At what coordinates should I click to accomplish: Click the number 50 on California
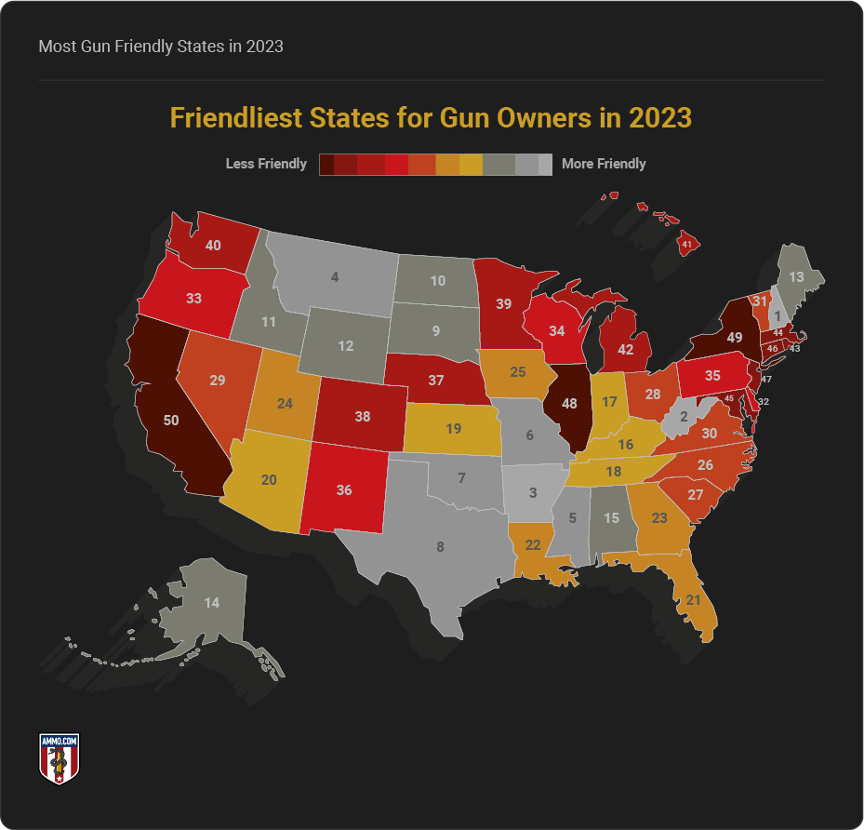(x=171, y=420)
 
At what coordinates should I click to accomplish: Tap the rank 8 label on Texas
(x=440, y=547)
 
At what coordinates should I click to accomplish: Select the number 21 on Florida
(x=693, y=600)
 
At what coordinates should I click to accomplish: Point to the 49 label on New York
(x=734, y=338)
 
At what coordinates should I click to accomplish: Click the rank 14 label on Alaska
(x=212, y=603)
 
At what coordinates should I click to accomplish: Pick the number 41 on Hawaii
(x=686, y=245)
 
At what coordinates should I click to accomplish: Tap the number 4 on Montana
(x=335, y=276)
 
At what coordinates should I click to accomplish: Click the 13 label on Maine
(x=797, y=277)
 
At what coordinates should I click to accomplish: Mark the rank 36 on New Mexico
(x=343, y=489)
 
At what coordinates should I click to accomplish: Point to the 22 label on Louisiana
(x=533, y=544)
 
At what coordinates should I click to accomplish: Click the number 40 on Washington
(x=213, y=246)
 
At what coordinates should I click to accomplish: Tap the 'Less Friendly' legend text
(x=266, y=164)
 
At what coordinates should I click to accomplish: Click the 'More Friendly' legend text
(x=604, y=164)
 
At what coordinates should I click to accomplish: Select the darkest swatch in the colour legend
(x=326, y=164)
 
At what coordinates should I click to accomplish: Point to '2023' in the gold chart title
(x=659, y=119)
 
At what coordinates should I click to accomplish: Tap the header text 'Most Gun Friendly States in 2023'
(x=161, y=46)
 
